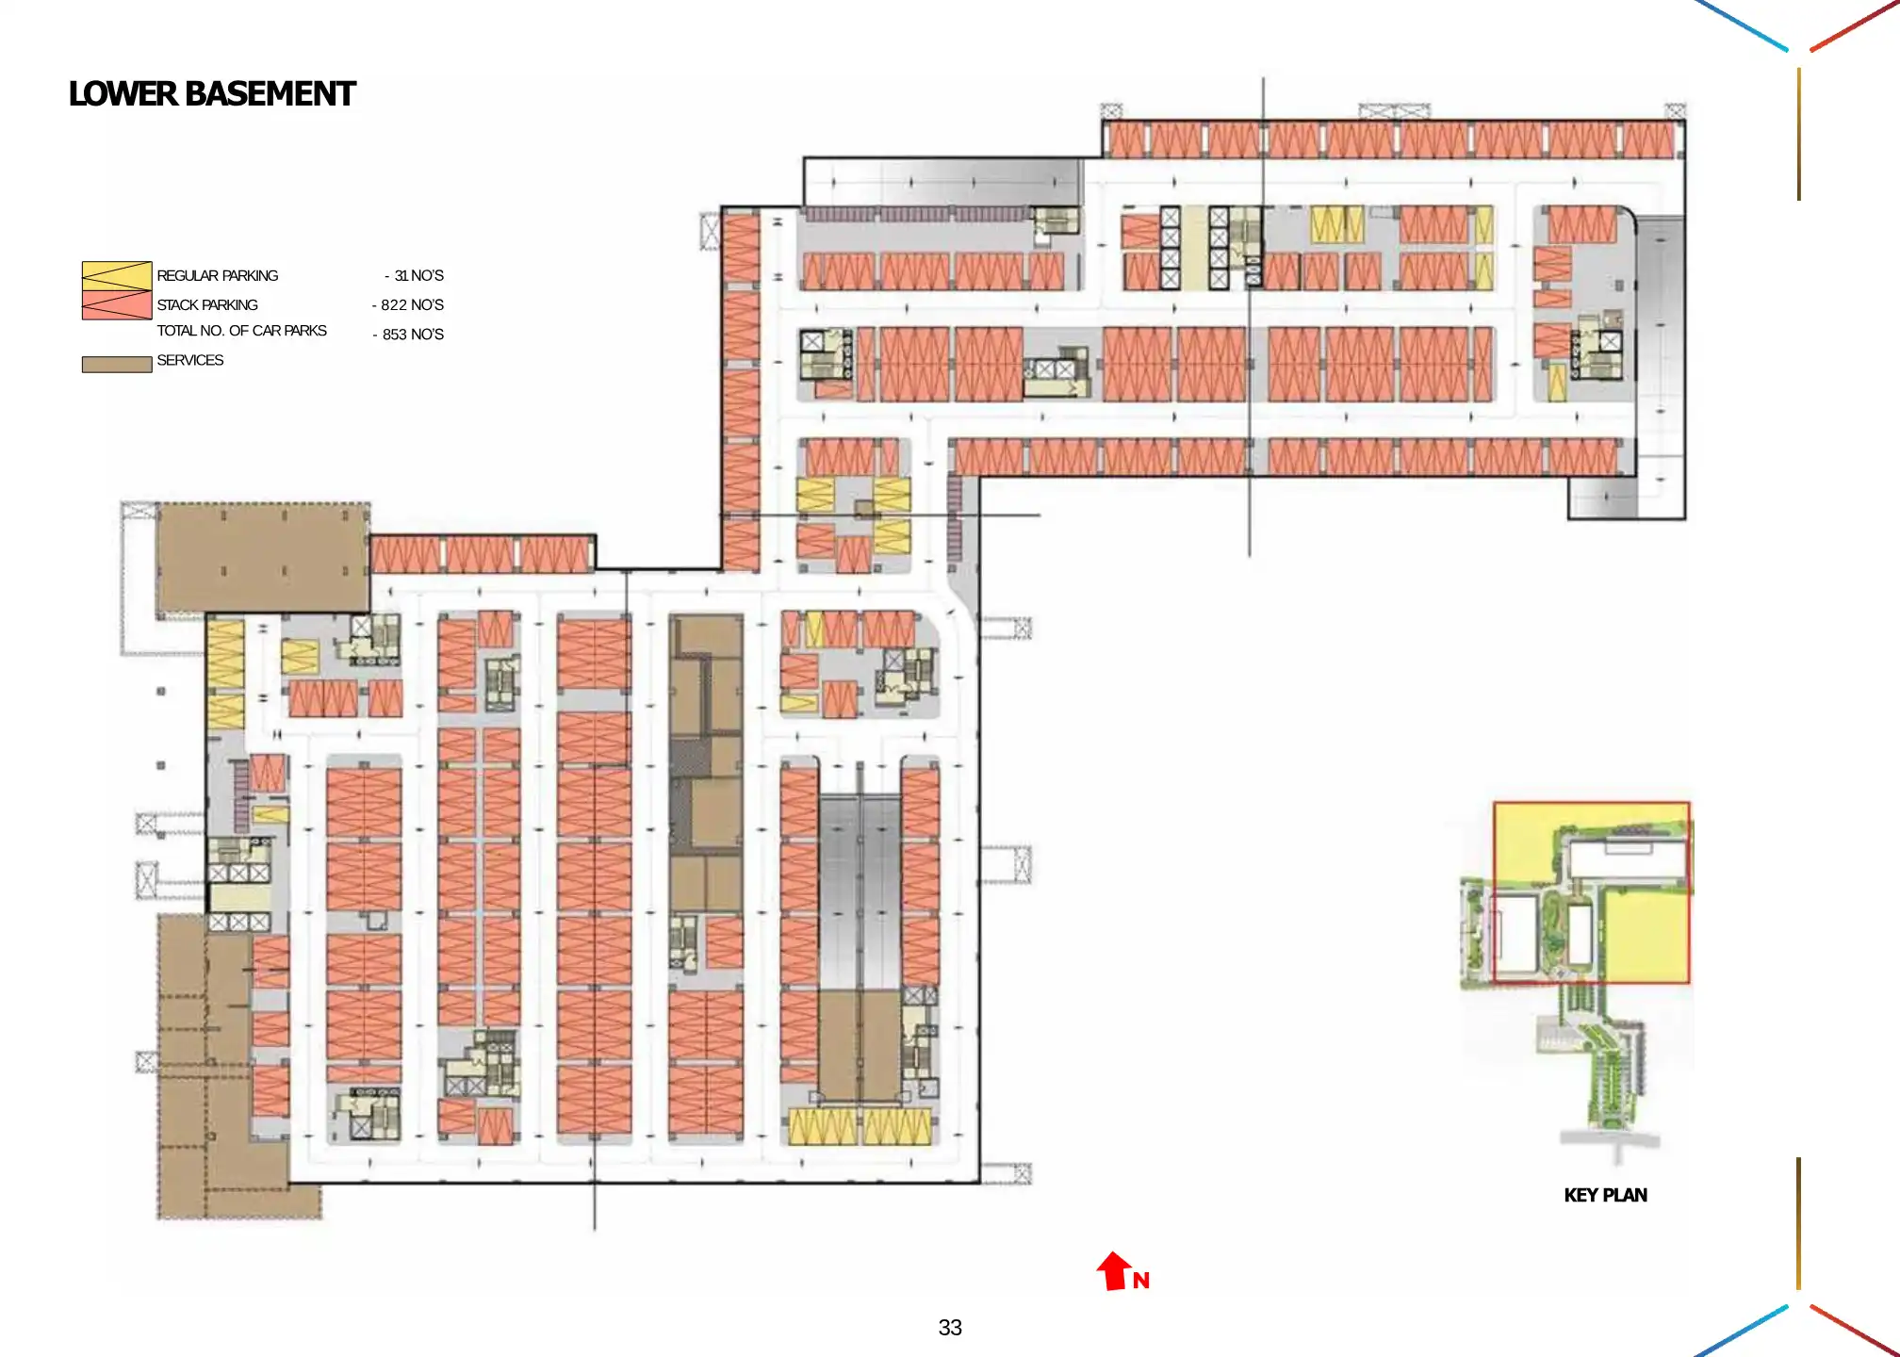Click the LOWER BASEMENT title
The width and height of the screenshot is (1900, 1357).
tap(212, 94)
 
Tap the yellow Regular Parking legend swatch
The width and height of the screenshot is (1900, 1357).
tap(117, 275)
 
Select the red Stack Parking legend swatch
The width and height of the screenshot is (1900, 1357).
tap(117, 305)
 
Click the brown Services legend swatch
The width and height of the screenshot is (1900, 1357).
tap(117, 365)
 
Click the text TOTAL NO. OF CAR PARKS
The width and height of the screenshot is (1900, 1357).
tap(241, 331)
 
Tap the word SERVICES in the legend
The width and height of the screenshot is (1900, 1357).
tap(189, 361)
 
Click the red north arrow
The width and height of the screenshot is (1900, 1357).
tap(1114, 1270)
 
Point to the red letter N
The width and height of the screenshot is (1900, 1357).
tap(1141, 1281)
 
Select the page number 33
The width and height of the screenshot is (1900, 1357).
tap(950, 1328)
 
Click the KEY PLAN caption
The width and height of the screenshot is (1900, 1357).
tap(1605, 1196)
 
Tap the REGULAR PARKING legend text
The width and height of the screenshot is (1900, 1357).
tap(217, 276)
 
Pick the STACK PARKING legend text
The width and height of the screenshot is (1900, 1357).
tap(206, 305)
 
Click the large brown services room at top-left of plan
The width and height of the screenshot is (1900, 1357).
tap(262, 557)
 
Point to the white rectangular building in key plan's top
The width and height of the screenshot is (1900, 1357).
tap(1626, 859)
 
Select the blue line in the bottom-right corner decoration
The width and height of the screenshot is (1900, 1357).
tap(1742, 1331)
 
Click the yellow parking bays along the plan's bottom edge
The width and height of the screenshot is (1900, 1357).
tap(860, 1126)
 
